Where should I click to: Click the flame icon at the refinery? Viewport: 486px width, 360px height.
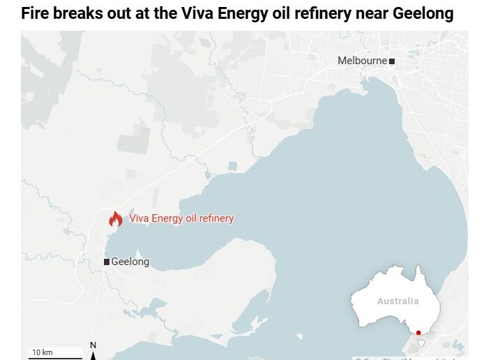(115, 219)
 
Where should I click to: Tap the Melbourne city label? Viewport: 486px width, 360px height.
(362, 61)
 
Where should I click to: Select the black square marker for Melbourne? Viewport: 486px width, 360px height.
(392, 61)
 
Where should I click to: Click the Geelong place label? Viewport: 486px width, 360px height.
(130, 262)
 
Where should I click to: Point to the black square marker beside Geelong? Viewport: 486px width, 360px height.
(106, 262)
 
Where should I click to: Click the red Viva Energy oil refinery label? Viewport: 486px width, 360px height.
(181, 218)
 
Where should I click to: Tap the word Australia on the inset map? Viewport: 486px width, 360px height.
(398, 301)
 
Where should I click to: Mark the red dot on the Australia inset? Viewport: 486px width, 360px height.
(418, 333)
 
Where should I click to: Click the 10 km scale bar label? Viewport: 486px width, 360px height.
(42, 352)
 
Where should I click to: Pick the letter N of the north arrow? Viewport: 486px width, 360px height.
(93, 345)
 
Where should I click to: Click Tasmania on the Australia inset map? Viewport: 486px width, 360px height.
(421, 343)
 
